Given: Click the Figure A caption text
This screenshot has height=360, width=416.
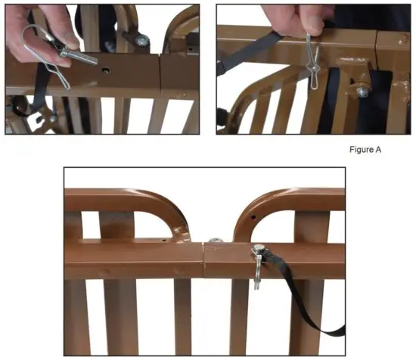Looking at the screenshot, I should (366, 150).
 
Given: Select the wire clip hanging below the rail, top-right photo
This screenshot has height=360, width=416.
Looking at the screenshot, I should (311, 61).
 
